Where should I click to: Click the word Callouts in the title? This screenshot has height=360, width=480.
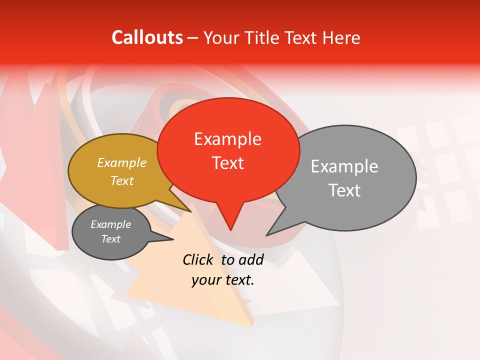point(147,37)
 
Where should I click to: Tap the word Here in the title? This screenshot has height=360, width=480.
point(341,37)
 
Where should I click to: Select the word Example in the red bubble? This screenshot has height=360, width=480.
point(227,139)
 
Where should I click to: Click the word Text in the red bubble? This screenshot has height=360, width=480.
point(227,163)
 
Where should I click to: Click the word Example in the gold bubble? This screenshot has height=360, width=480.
point(122,162)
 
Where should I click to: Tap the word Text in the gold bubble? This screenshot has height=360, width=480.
point(122,180)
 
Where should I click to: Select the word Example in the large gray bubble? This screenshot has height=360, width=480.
point(344,166)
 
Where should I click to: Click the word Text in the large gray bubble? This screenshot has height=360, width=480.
point(344,190)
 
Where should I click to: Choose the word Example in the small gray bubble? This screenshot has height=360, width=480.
point(111,224)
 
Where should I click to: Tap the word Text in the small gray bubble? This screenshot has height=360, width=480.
point(111,239)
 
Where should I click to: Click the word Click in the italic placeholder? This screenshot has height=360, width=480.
point(199,259)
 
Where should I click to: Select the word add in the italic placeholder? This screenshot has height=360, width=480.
point(251,259)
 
